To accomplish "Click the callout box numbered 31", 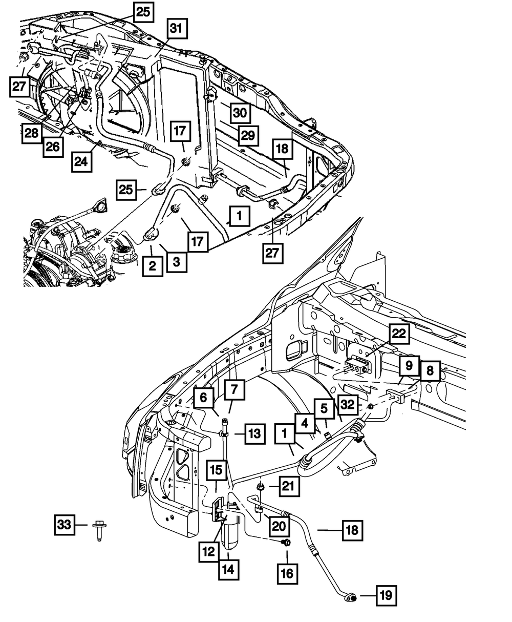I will [176, 30].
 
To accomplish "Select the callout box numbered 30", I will [239, 113].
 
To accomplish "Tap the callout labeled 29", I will [248, 135].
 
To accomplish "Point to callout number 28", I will [31, 133].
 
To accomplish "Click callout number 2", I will [153, 266].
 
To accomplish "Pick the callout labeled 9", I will [409, 366].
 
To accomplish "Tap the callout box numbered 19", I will [387, 596].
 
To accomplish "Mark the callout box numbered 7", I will [234, 391].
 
